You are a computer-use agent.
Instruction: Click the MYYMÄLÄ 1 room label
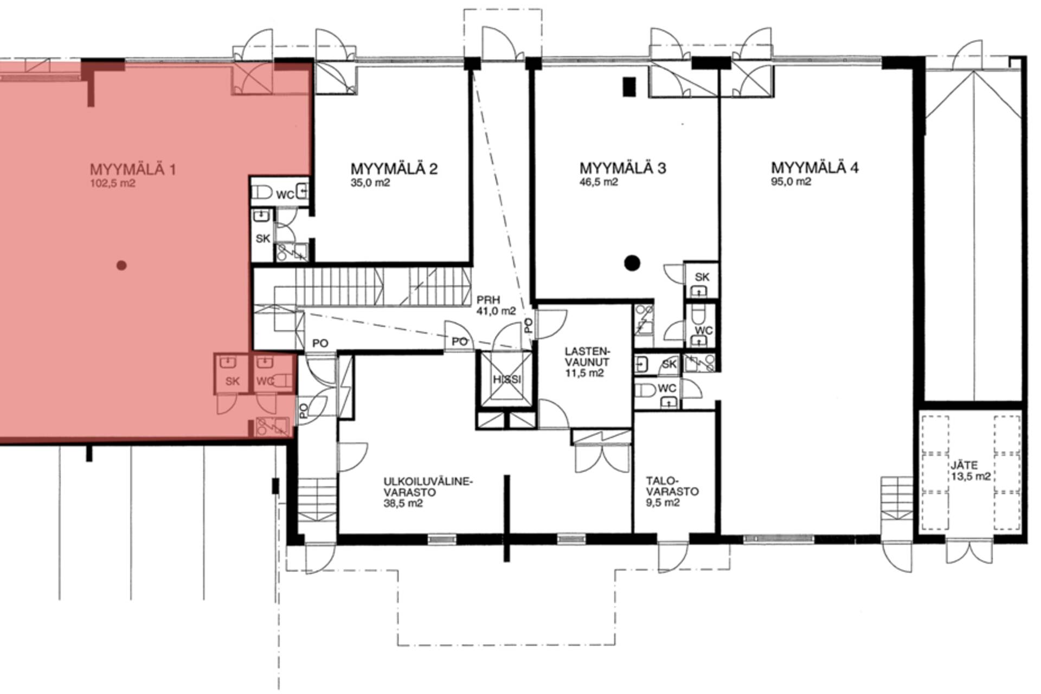pyautogui.click(x=133, y=170)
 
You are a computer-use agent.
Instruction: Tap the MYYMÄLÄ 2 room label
pyautogui.click(x=394, y=169)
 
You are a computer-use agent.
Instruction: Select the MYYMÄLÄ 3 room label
pyautogui.click(x=623, y=168)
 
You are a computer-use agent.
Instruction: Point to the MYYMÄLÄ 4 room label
pyautogui.click(x=815, y=167)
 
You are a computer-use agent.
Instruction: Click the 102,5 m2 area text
pyautogui.click(x=113, y=183)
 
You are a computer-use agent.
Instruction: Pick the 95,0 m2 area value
pyautogui.click(x=791, y=182)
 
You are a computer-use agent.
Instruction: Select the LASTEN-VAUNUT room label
pyautogui.click(x=587, y=356)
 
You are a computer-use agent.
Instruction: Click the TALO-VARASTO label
pyautogui.click(x=672, y=486)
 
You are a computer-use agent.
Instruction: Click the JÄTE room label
pyautogui.click(x=964, y=465)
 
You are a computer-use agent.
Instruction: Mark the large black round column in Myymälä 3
pyautogui.click(x=632, y=263)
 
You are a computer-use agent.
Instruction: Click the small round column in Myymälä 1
pyautogui.click(x=121, y=265)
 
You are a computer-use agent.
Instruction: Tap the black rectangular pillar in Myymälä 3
pyautogui.click(x=629, y=87)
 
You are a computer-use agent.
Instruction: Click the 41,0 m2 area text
pyautogui.click(x=496, y=311)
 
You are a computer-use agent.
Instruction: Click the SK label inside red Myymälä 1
pyautogui.click(x=232, y=381)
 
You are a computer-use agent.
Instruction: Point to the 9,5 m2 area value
pyautogui.click(x=663, y=503)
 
